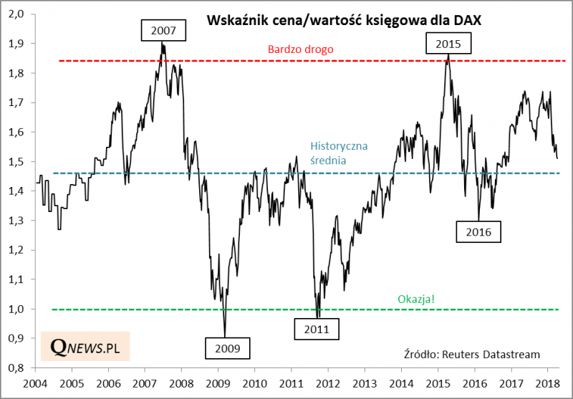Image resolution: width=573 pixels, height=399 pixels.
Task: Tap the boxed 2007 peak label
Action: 163,31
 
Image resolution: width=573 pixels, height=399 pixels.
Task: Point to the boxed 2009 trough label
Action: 227,349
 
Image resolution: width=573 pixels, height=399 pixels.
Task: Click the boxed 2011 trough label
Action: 316,330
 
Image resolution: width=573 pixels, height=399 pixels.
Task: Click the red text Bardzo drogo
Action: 301,50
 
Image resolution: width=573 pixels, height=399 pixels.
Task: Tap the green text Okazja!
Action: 415,299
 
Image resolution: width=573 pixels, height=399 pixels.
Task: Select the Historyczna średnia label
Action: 339,153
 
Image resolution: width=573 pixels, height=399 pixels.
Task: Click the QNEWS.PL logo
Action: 85,347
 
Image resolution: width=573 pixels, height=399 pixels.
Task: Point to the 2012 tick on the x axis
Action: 329,383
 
